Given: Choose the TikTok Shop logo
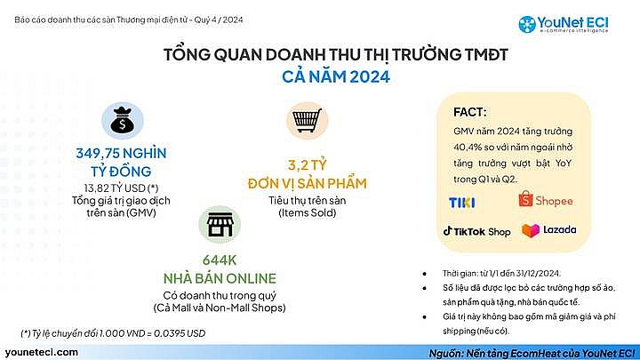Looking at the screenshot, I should tap(476, 231).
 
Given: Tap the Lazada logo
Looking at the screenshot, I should tap(548, 230).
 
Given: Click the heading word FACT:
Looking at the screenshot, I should tap(468, 113).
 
